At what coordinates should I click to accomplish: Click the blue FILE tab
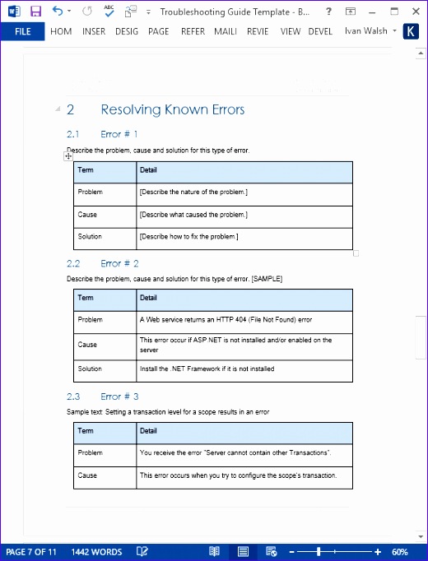(22, 31)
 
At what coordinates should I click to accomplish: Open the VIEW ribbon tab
(290, 31)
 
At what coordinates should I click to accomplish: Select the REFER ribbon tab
(193, 31)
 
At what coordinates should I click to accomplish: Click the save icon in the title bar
(35, 12)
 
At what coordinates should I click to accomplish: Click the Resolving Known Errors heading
(172, 109)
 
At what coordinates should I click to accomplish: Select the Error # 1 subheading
(119, 133)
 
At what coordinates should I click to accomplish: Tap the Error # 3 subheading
(119, 396)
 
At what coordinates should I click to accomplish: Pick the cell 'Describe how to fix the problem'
(188, 237)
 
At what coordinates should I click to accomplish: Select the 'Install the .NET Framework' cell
(207, 369)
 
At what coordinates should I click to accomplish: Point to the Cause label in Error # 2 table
(87, 345)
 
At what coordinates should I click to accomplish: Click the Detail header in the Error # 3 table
(148, 430)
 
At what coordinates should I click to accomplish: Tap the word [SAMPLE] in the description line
(267, 279)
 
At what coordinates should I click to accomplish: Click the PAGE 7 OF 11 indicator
(31, 552)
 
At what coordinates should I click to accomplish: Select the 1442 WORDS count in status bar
(96, 552)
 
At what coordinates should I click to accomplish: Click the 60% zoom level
(400, 552)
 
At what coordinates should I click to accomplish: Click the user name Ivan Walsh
(365, 31)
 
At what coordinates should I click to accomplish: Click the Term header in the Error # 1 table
(86, 169)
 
